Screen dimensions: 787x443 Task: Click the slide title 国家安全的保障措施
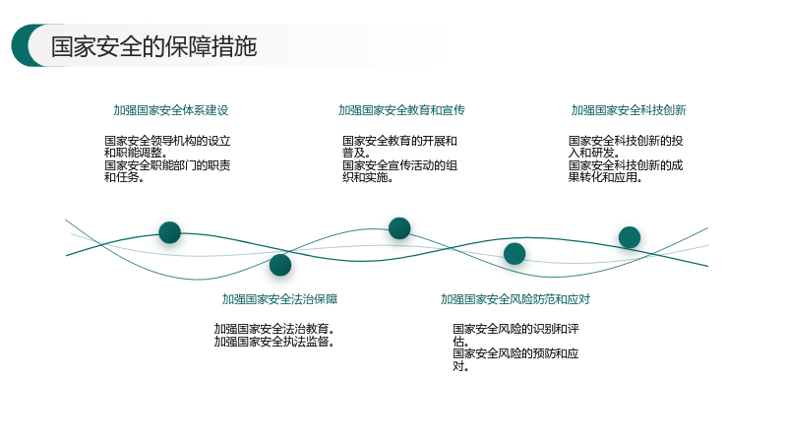click(153, 46)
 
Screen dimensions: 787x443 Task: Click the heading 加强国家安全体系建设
click(170, 110)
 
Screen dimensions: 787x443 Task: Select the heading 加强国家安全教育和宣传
click(401, 110)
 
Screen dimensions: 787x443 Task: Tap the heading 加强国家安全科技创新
click(629, 110)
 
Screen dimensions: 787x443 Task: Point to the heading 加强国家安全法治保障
click(279, 299)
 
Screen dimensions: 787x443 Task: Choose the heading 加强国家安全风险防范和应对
click(515, 299)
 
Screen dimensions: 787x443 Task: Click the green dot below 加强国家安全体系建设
click(169, 232)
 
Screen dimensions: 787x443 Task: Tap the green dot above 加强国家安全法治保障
click(280, 265)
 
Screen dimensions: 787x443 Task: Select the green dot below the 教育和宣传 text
click(399, 228)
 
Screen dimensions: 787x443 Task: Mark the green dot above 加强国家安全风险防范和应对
click(515, 254)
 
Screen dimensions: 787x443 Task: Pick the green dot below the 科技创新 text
click(630, 237)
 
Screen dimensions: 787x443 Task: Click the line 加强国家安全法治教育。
click(274, 329)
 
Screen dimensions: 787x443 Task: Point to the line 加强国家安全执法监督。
click(274, 342)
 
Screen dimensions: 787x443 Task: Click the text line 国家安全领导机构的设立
click(167, 141)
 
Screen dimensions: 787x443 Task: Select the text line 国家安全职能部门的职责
click(167, 165)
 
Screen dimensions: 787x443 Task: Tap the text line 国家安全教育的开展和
click(399, 141)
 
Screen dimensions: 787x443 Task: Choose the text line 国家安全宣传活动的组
click(399, 165)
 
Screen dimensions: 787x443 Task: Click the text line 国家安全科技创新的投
click(626, 141)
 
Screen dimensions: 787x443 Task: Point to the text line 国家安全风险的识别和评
click(515, 329)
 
